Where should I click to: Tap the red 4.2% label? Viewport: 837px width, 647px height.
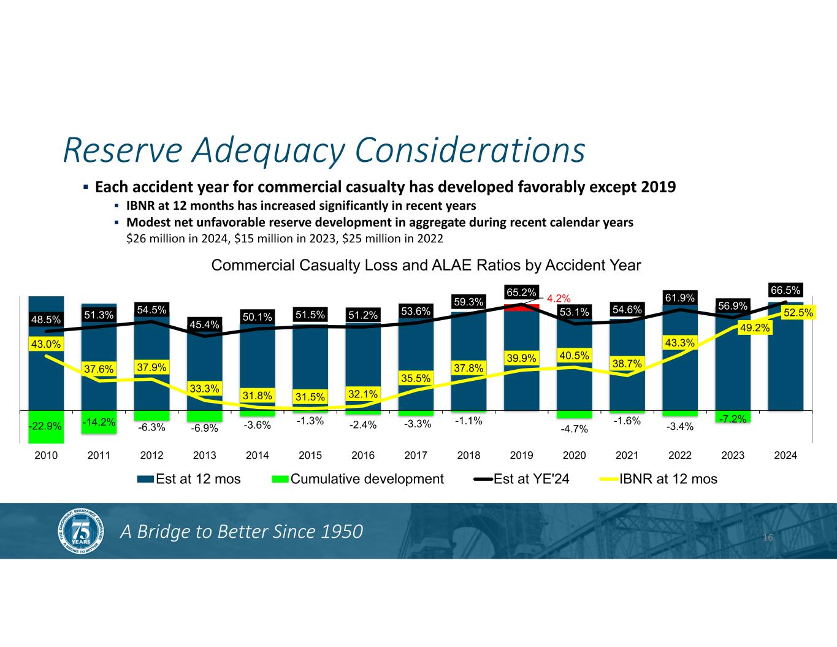click(559, 299)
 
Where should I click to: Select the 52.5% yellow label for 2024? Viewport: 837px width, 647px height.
click(797, 313)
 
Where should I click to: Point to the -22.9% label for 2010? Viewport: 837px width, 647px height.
click(46, 424)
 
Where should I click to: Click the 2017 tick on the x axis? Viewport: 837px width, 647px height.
click(416, 456)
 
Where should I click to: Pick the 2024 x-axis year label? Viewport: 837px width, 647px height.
click(785, 456)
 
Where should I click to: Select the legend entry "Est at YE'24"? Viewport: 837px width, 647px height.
click(531, 479)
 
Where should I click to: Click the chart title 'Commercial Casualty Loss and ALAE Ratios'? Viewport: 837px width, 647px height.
click(426, 266)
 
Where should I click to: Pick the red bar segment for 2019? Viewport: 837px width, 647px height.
click(521, 308)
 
